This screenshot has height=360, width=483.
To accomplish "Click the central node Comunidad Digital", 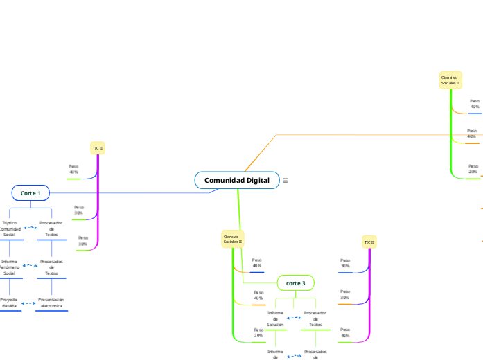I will coord(237,180).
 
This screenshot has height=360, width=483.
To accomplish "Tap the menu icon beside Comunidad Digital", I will coord(285,180).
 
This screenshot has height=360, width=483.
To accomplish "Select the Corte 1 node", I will coord(30,192).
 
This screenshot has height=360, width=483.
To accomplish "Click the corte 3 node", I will coord(296,283).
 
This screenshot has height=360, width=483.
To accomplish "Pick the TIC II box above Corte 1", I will coord(98,148).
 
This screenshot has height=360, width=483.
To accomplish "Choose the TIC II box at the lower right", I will coord(369,242).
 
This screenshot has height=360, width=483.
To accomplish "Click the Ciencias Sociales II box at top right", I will coord(450,80).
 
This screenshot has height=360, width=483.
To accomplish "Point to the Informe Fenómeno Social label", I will coord(10,267).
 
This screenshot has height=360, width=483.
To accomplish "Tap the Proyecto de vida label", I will coord(10,303).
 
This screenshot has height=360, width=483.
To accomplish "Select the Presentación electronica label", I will coord(51,303).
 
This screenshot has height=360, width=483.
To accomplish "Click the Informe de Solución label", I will coord(275,318).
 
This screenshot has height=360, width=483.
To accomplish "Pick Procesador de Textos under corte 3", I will coord(315,318).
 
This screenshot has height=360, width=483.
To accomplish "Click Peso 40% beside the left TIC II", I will coord(73,169).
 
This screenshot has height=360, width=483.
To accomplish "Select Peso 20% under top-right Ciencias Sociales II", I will coord(473,169).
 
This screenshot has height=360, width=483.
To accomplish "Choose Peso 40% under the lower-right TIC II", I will coord(344,332).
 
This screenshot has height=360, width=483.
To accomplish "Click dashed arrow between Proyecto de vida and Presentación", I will coord(29,303).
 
